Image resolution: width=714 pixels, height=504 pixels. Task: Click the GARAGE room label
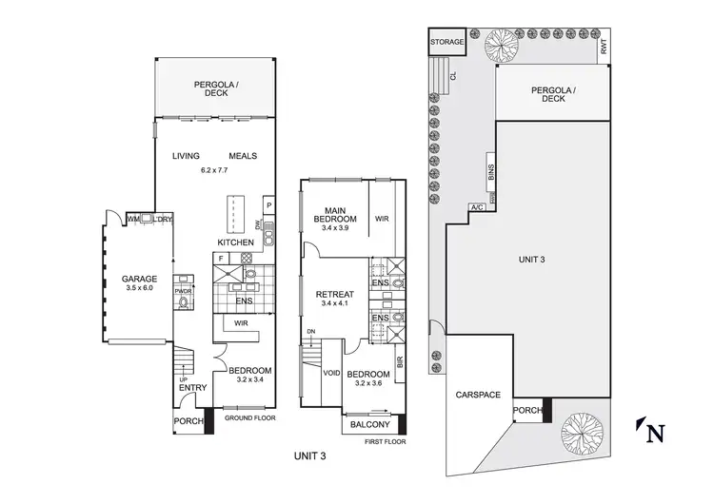[x=138, y=280]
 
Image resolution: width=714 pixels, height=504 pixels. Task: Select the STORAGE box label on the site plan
[x=447, y=43]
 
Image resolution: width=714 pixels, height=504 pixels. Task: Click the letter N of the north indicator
[x=655, y=436]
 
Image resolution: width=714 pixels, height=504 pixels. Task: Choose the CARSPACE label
[x=478, y=394]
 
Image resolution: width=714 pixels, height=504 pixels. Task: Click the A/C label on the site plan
[x=476, y=207]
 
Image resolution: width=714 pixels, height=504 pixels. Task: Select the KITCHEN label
[x=235, y=243]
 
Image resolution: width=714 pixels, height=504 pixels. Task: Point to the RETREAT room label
[x=334, y=295]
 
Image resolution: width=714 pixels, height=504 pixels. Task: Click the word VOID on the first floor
[x=332, y=373]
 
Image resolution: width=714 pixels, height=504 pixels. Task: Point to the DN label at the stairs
[x=310, y=332]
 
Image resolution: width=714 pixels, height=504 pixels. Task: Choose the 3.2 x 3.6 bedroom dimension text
[x=366, y=384]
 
